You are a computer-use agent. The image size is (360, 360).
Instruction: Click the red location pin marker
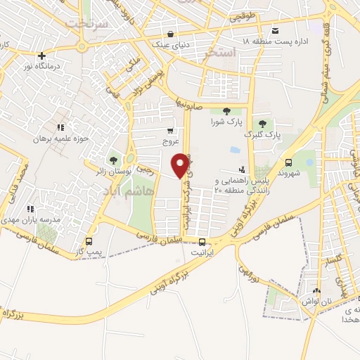point(181,165)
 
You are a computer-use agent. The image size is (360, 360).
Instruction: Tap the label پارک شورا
point(226,121)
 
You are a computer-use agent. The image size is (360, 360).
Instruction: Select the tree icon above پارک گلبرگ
point(262,124)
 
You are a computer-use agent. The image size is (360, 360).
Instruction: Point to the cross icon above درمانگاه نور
point(41,55)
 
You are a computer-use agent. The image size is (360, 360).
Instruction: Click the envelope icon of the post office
point(275,30)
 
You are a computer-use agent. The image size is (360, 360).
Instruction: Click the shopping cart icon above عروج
point(170,131)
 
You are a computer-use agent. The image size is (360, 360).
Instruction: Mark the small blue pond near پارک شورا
point(233,150)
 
